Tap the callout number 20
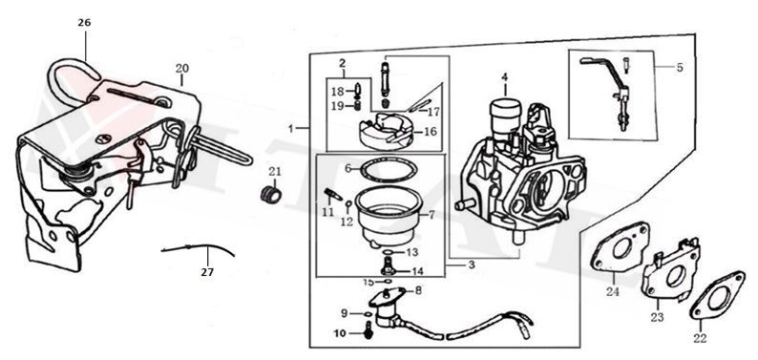pyautogui.click(x=181, y=68)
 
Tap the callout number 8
pyautogui.click(x=417, y=289)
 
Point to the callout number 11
pyautogui.click(x=327, y=212)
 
